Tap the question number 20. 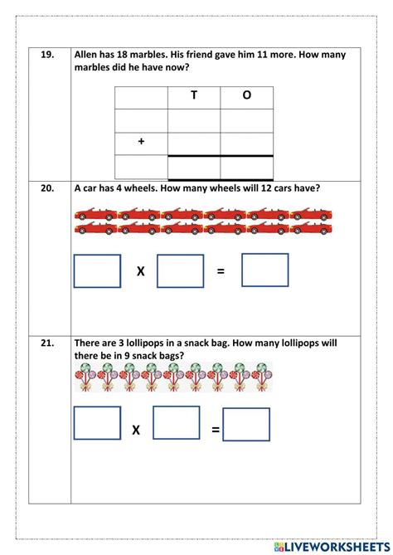(47, 188)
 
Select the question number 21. (47, 342)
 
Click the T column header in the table (194, 95)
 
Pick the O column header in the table (246, 95)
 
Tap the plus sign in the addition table (141, 142)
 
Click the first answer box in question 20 (97, 270)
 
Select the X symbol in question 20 (140, 270)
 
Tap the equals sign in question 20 (221, 270)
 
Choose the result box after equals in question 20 (265, 270)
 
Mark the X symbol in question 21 (136, 430)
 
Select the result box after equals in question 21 (246, 424)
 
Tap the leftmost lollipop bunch (85, 378)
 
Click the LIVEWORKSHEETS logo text (333, 546)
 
